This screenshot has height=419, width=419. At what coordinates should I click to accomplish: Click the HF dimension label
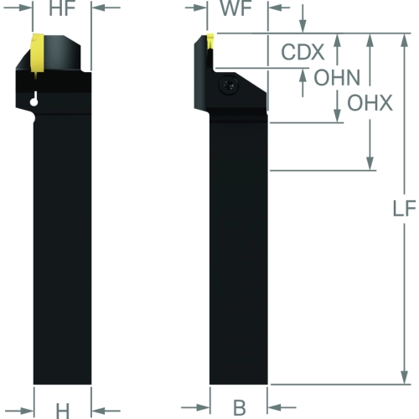tap(62, 8)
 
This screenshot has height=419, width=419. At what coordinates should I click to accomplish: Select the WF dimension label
tap(236, 8)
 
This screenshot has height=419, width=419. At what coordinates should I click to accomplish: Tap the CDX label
tap(303, 52)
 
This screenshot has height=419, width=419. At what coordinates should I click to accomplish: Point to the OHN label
tap(337, 77)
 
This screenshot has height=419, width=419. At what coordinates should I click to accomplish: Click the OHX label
tap(370, 103)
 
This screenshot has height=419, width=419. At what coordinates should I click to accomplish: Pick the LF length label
tap(404, 209)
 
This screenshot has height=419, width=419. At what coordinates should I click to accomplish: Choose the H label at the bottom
tap(63, 411)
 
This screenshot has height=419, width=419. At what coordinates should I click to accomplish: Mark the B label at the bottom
tap(240, 408)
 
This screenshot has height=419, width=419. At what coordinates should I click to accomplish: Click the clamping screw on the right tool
tap(229, 85)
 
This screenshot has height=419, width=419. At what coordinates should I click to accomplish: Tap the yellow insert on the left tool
tap(37, 54)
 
